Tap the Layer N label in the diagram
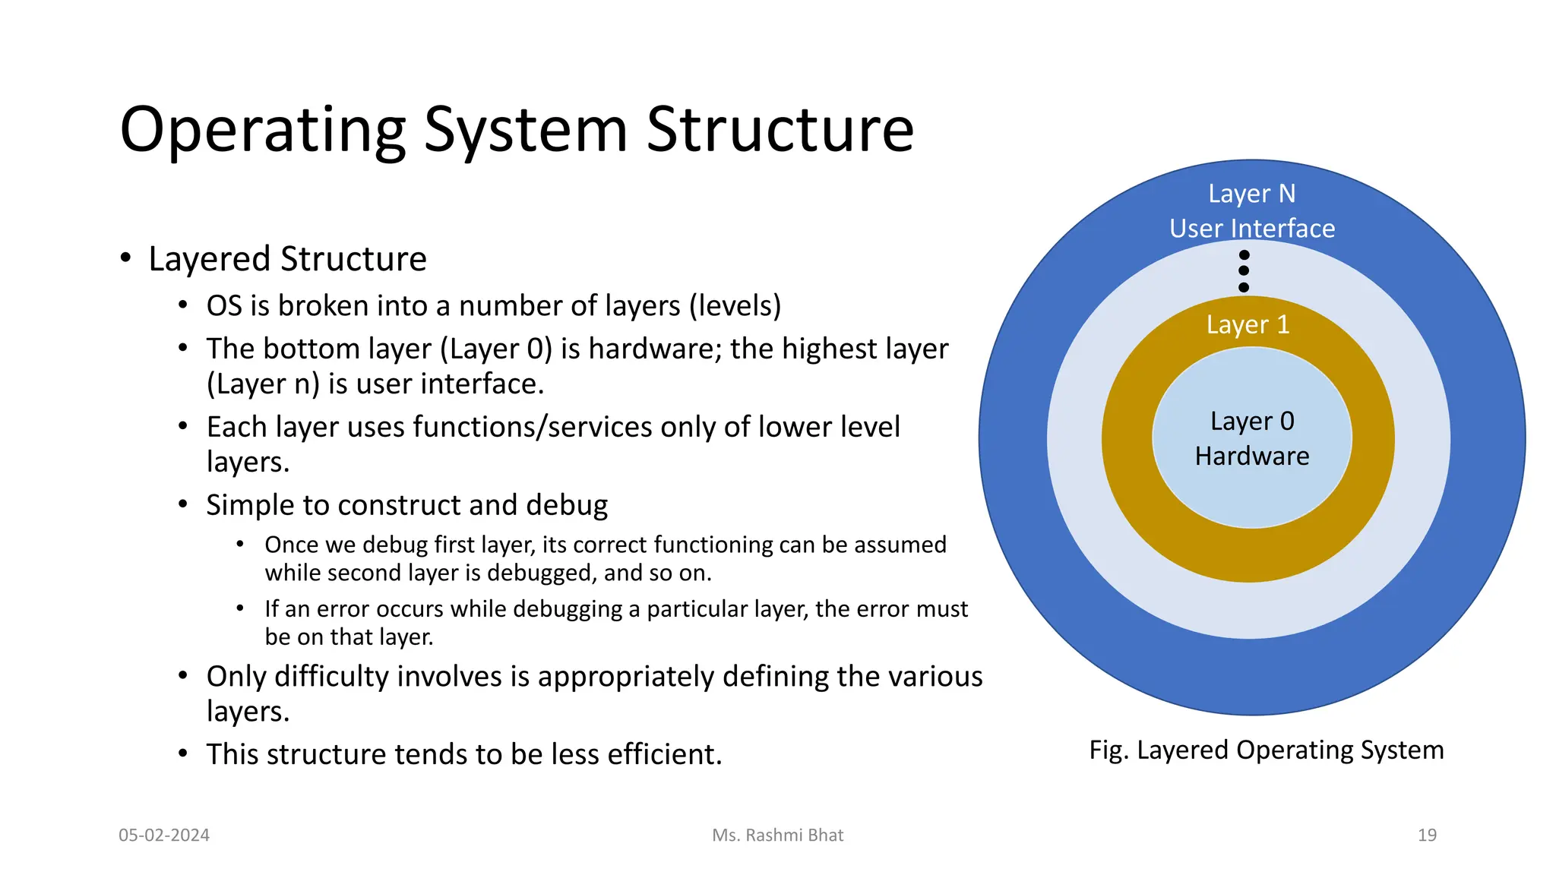(1251, 194)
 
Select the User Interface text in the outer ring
(1251, 229)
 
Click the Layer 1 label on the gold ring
(1248, 325)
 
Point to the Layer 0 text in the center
(1251, 422)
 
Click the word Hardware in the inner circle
(1251, 456)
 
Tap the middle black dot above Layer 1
(1244, 270)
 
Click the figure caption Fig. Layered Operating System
(1266, 750)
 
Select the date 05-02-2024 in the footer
(164, 836)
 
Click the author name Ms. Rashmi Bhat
(777, 836)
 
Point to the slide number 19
(1427, 836)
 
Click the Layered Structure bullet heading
(287, 259)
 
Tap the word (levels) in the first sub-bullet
(735, 306)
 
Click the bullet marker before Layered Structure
(126, 258)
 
